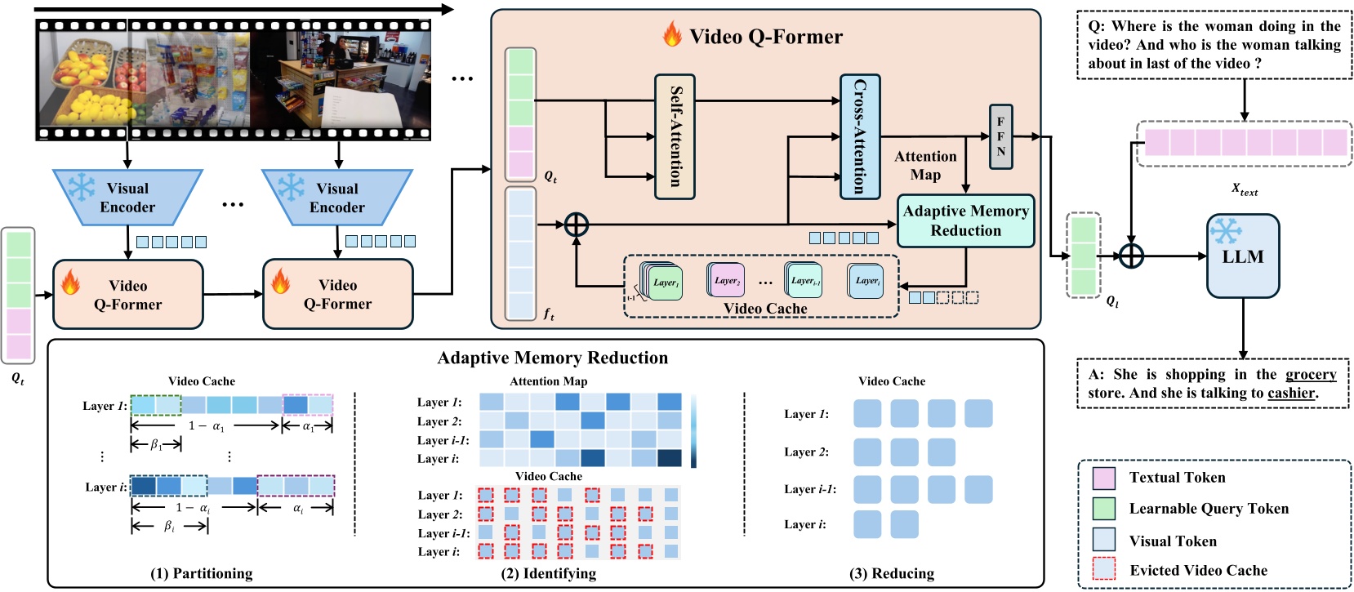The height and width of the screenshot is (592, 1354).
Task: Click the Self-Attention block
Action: (x=675, y=136)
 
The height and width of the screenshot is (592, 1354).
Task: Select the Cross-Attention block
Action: (x=859, y=136)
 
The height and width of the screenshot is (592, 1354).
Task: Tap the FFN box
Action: (x=1000, y=137)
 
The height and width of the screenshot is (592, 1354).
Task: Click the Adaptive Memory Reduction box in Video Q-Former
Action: (x=965, y=220)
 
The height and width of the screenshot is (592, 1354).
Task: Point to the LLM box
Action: (x=1242, y=256)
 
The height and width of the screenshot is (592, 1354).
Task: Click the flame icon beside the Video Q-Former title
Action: (x=672, y=35)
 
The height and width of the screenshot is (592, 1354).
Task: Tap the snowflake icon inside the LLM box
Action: (x=1225, y=231)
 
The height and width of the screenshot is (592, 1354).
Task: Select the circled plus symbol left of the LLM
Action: (x=1130, y=256)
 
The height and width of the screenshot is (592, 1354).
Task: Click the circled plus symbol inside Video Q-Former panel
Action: (x=577, y=224)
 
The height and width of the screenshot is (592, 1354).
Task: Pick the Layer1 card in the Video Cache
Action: (x=664, y=283)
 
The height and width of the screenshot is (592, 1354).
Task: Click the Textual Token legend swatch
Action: (x=1103, y=478)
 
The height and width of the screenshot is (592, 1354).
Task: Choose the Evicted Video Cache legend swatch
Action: (x=1103, y=569)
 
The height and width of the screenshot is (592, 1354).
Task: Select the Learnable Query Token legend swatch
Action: (x=1103, y=509)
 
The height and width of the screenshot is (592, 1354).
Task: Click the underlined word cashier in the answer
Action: (x=1290, y=393)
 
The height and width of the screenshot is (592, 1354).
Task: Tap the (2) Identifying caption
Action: (x=548, y=573)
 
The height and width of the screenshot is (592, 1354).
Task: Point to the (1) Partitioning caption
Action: (x=201, y=573)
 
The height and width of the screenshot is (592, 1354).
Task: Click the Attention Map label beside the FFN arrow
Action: (x=925, y=165)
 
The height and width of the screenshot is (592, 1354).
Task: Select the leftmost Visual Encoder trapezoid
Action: (x=127, y=198)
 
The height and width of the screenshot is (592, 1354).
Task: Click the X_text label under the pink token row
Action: (x=1244, y=189)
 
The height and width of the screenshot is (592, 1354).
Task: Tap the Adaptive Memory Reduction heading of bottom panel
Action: (x=552, y=358)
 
